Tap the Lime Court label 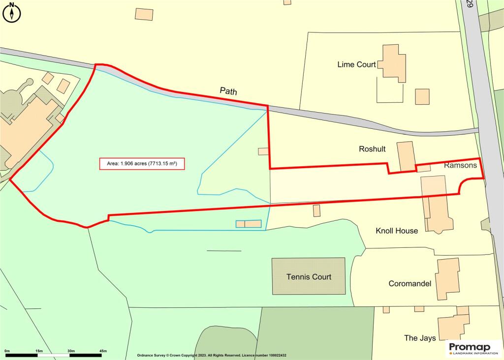coord(356,64)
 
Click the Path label coord(228,91)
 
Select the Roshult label coord(372,149)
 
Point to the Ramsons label coord(460,165)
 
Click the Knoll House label coord(397,231)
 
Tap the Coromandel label coord(410,284)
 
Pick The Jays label coord(420,338)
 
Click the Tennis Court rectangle coord(309,276)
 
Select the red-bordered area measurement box coord(142,164)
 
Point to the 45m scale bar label coord(103,350)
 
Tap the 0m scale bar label coord(7,350)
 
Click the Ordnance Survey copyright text coord(212,355)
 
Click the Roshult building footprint coord(407,156)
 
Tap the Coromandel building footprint coord(447,278)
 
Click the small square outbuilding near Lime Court coord(422,96)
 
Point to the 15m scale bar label coord(39,350)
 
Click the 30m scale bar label coord(71,350)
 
